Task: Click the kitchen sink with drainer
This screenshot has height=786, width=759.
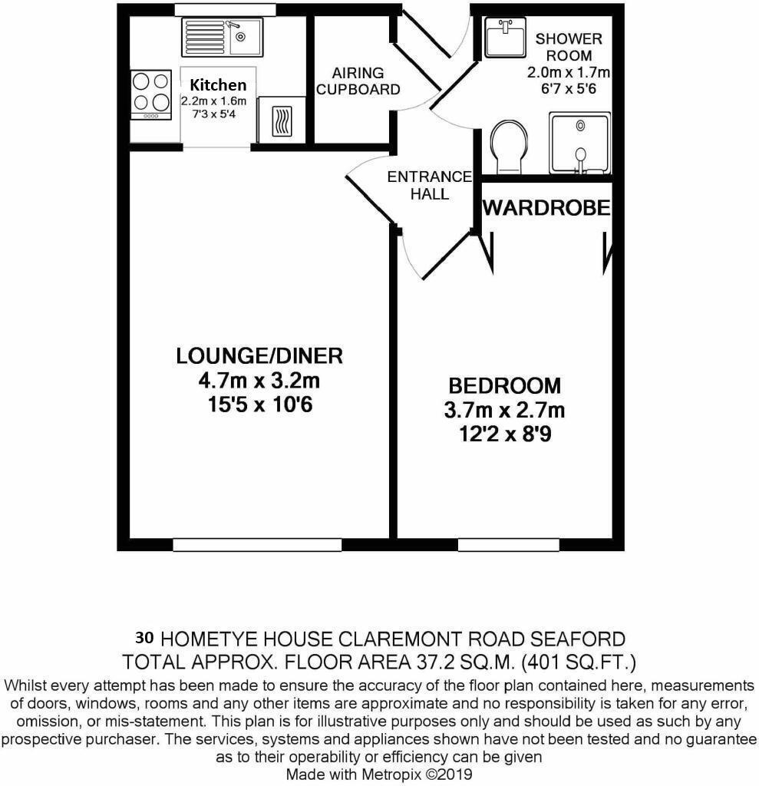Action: tap(222, 37)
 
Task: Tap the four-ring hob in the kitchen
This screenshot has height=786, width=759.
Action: tap(150, 93)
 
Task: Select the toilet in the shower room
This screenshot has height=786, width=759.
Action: tap(508, 146)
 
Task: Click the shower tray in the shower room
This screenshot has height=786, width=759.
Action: tap(580, 143)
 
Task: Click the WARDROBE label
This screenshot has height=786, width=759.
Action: tap(546, 207)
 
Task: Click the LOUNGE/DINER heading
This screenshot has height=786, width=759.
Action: tap(259, 356)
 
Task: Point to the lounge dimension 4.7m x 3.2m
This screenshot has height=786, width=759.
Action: tap(259, 381)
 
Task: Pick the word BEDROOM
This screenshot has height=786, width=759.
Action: tap(504, 385)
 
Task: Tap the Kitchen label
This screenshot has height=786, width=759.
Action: tap(219, 85)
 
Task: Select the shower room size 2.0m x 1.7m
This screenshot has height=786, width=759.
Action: tap(568, 73)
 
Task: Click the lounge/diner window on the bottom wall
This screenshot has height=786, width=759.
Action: tap(257, 544)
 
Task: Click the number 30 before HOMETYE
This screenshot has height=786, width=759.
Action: tap(144, 637)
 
